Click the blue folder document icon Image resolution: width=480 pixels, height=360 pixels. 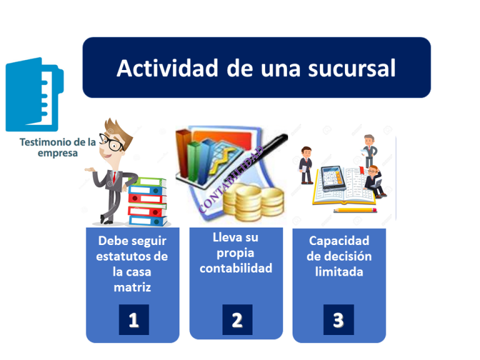point(34,94)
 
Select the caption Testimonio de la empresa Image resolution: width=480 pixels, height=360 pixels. point(57,147)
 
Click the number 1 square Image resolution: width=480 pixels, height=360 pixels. point(133,319)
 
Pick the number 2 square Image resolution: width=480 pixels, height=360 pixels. point(237,319)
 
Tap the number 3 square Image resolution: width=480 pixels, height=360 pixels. point(338,319)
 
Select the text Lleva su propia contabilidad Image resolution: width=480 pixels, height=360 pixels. point(236,253)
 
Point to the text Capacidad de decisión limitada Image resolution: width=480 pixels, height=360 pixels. point(339,256)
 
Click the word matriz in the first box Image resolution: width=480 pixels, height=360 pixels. point(132,287)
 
